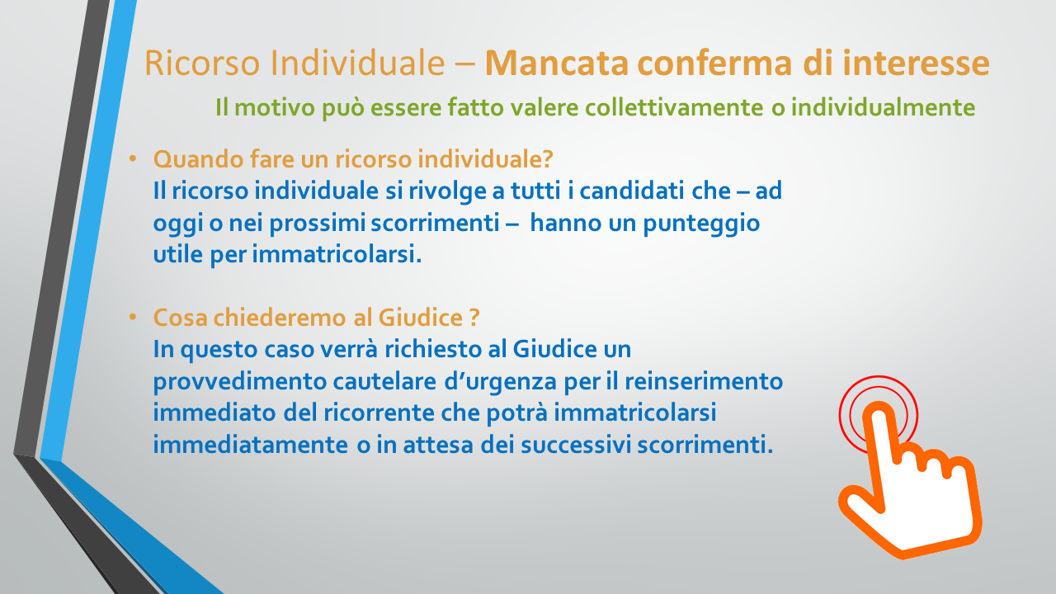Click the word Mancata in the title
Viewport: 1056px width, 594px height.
(x=556, y=63)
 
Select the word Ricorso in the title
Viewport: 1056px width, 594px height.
(x=202, y=63)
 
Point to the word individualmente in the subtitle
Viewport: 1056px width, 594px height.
(x=883, y=107)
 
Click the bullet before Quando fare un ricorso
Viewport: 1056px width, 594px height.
(x=133, y=159)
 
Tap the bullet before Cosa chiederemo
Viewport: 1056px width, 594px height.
(x=133, y=318)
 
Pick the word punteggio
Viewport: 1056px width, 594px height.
(x=701, y=224)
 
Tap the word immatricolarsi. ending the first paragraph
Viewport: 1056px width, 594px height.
(x=337, y=255)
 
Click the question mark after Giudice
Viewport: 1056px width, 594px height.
(x=474, y=318)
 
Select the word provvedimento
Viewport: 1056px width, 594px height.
(x=240, y=381)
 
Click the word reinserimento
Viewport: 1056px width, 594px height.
(x=704, y=381)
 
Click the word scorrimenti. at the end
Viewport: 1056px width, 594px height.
(x=705, y=445)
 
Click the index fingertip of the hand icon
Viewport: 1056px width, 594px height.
(x=878, y=415)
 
